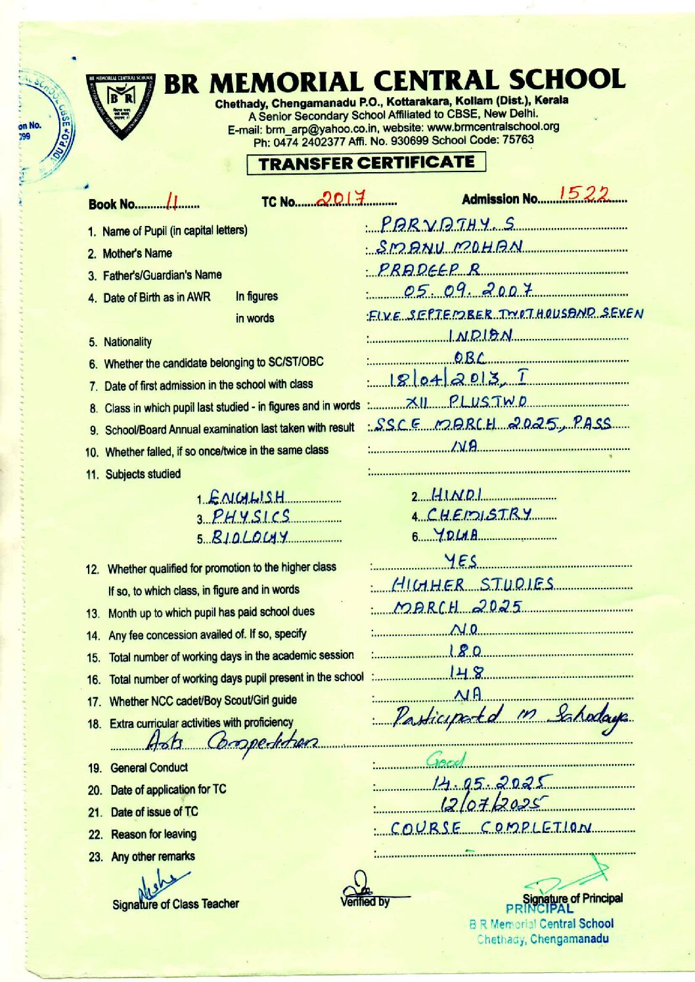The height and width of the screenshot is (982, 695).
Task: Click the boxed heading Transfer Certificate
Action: point(367,162)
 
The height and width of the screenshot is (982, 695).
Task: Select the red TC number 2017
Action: point(342,196)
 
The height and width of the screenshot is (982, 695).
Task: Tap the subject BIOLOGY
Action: point(251,538)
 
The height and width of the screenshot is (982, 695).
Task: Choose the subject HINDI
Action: point(457,493)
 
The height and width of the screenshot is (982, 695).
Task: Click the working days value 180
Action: point(465,651)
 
